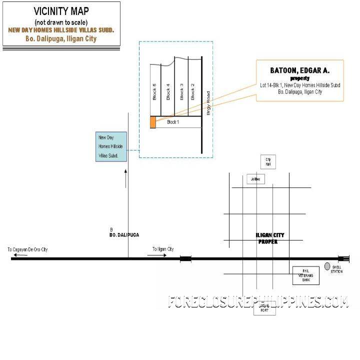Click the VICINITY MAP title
pyautogui.click(x=61, y=10)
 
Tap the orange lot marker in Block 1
pyautogui.click(x=152, y=122)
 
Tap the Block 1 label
pyautogui.click(x=173, y=121)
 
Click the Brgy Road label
pyautogui.click(x=208, y=103)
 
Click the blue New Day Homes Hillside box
pyautogui.click(x=111, y=146)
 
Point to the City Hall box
pyautogui.click(x=268, y=162)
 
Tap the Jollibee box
pyautogui.click(x=255, y=179)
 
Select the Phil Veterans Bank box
pyautogui.click(x=306, y=275)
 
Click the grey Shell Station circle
pyautogui.click(x=327, y=266)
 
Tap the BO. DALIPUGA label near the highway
pyautogui.click(x=124, y=234)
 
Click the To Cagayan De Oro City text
pyautogui.click(x=27, y=249)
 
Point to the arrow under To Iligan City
pyautogui.click(x=157, y=255)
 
